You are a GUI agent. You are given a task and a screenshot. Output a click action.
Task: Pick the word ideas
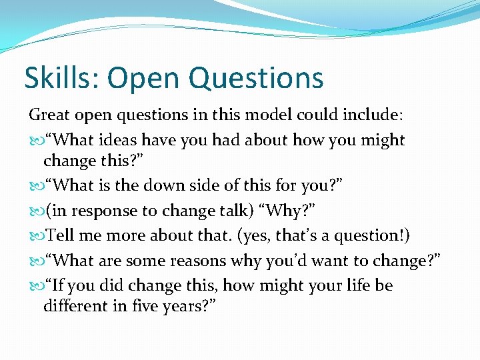pos(121,140)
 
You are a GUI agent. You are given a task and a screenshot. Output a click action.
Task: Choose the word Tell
pos(61,236)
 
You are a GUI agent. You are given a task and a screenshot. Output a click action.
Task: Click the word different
pos(75,307)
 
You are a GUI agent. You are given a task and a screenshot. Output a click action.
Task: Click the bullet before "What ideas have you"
pos(35,141)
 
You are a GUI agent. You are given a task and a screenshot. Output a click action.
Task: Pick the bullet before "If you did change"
pos(35,286)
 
